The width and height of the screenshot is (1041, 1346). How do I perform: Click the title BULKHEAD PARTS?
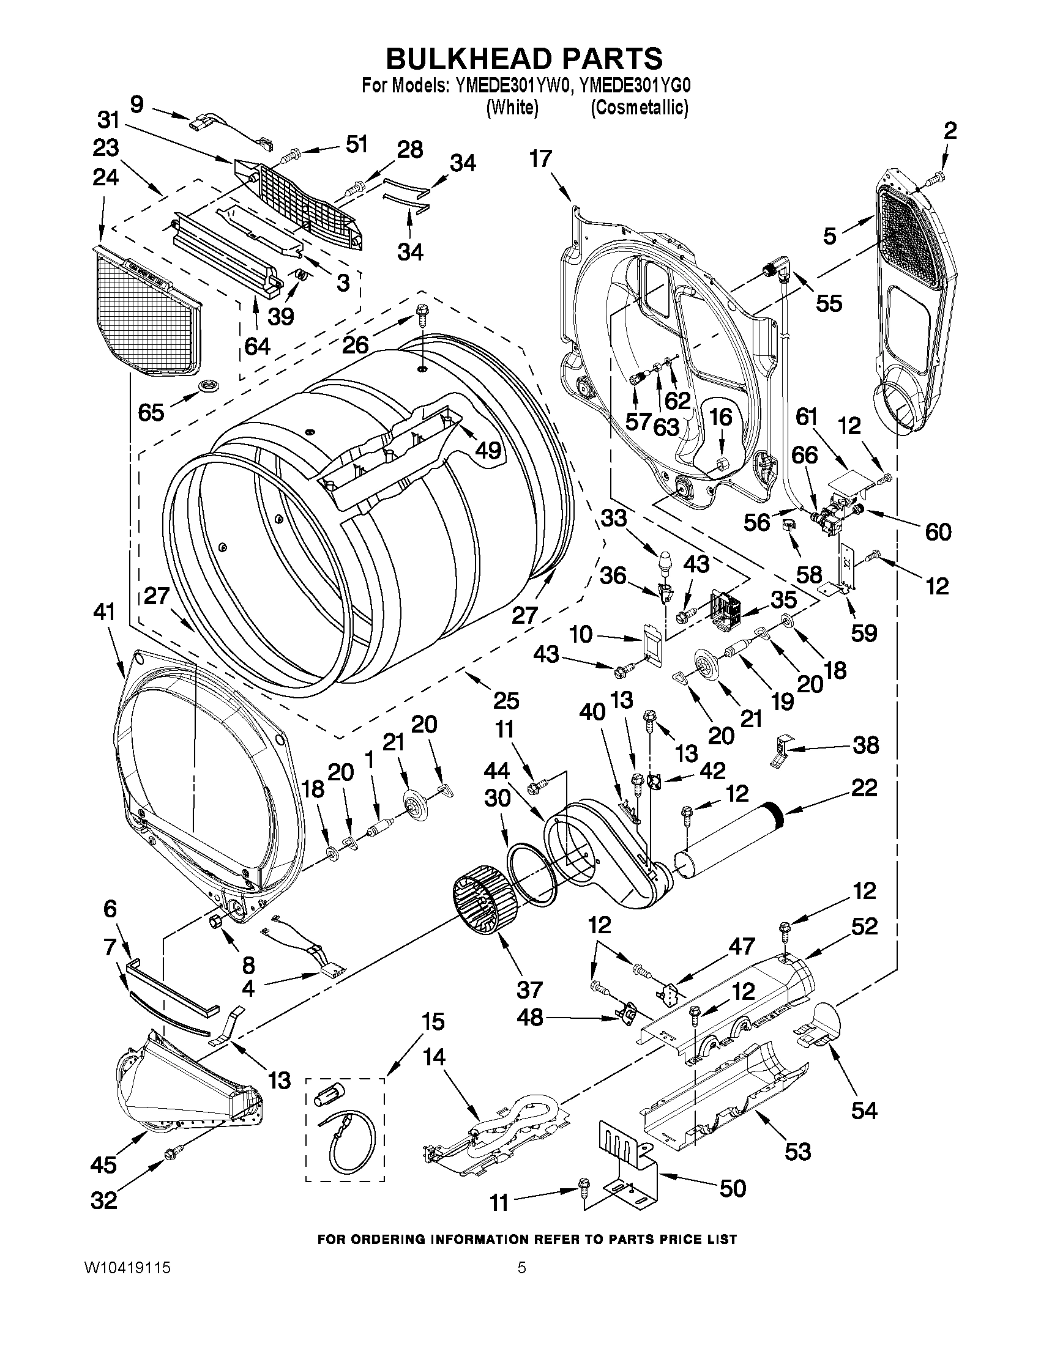point(524,58)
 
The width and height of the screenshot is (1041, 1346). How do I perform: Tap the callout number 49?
point(488,451)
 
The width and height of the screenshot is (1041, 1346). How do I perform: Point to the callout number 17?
point(540,159)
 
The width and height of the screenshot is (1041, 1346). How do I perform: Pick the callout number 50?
point(733,1188)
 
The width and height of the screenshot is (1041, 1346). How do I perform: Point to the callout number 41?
point(104,612)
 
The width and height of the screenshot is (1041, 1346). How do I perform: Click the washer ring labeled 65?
point(207,386)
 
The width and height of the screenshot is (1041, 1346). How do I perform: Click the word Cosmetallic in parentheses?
point(639,108)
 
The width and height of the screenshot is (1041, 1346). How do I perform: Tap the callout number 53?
point(797,1151)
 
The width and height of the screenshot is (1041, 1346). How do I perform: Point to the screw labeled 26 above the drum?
point(422,317)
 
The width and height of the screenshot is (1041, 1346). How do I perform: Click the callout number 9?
point(137,104)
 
